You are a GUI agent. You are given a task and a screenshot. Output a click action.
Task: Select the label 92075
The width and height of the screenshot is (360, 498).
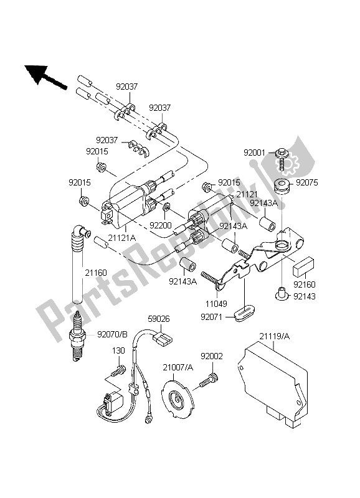pos(306,184)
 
